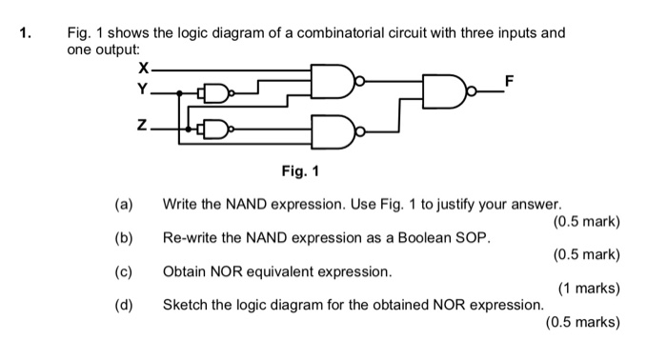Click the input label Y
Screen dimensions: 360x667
[143, 90]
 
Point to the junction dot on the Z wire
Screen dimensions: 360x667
[189, 127]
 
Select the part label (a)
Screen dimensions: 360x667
[123, 204]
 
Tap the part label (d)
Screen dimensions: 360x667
[123, 305]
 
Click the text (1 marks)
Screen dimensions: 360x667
[589, 289]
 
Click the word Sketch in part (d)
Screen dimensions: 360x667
[185, 305]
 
